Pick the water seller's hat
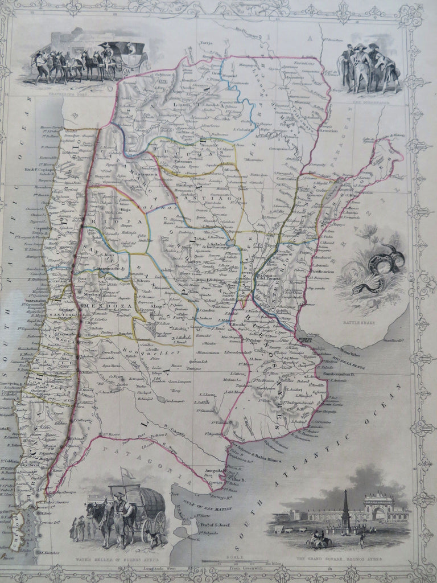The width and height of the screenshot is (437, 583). pos(119,495)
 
